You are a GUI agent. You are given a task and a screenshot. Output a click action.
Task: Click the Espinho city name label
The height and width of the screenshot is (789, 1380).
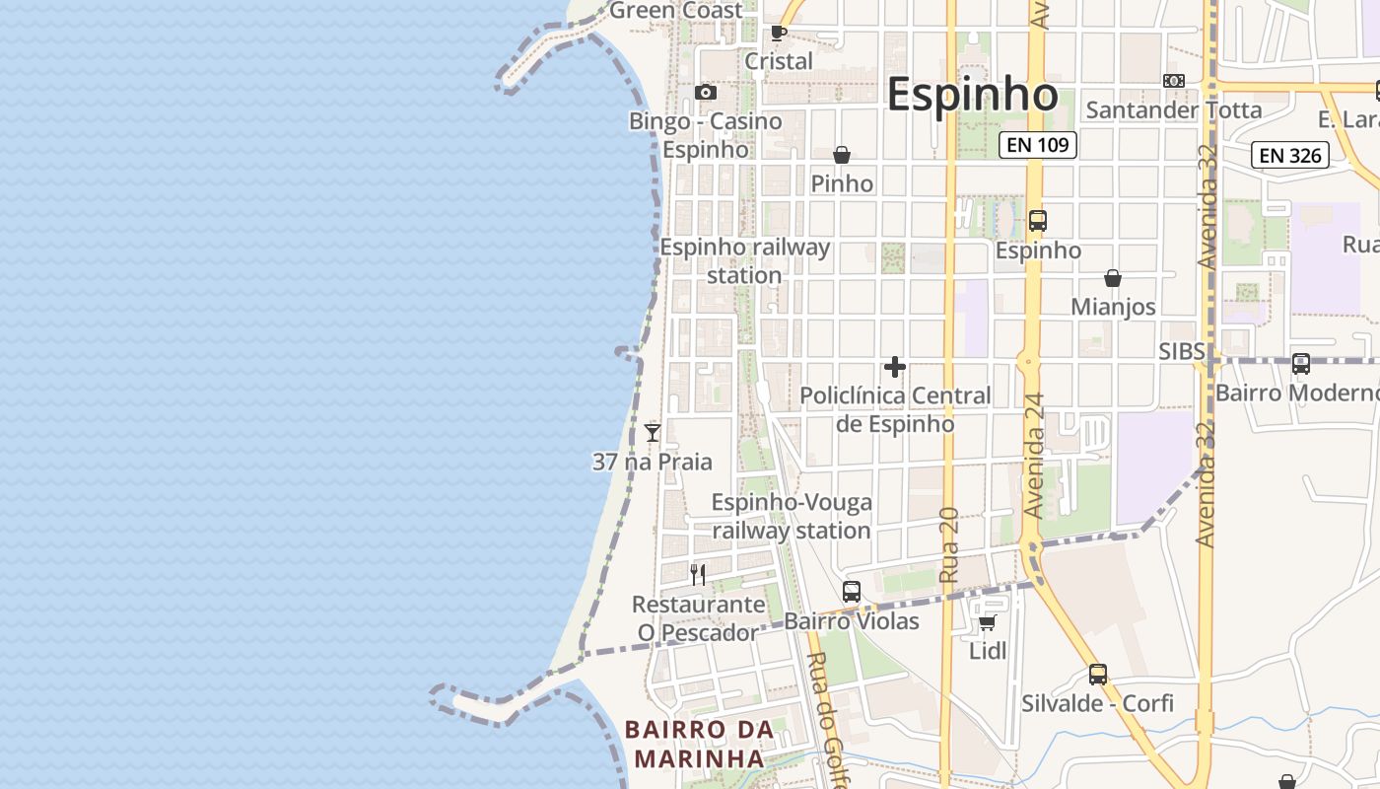[972, 95]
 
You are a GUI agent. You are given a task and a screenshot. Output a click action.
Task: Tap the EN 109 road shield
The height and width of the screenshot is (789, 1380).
[1038, 145]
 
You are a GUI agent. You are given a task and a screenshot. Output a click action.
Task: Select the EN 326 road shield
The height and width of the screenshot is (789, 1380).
[1290, 155]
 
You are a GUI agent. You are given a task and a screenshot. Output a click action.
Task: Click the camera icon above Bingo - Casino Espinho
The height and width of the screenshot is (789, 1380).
[706, 93]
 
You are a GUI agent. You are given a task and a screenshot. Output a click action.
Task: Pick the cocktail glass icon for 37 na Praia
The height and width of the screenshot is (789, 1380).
[653, 432]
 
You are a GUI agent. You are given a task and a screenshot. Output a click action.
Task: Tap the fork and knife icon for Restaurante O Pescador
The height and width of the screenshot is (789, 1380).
[698, 574]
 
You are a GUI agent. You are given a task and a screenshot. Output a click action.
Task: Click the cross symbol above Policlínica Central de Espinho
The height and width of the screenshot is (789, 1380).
[895, 367]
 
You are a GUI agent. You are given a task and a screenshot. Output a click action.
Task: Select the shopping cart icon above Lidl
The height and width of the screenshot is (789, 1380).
[988, 622]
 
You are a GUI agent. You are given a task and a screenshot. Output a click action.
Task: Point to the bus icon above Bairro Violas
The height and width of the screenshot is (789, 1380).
[852, 592]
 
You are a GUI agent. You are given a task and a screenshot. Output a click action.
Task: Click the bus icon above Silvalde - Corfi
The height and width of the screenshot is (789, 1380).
[1098, 675]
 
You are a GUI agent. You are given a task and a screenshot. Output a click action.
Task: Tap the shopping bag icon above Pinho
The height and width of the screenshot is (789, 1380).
[842, 155]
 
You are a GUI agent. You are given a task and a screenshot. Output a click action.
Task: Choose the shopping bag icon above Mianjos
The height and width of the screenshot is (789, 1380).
[1113, 278]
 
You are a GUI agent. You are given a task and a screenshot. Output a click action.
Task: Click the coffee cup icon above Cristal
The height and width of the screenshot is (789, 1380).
[778, 33]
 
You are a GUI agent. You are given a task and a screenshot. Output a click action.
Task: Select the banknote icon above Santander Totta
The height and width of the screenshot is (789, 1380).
[1174, 81]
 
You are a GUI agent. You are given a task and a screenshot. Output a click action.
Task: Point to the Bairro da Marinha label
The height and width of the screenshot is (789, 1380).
[699, 744]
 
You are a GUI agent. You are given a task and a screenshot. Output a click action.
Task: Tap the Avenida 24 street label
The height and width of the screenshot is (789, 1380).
[1034, 456]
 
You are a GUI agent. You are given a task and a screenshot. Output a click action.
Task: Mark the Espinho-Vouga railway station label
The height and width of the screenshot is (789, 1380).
[792, 516]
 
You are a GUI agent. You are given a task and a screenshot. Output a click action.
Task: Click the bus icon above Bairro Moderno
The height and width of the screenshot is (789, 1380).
[1301, 364]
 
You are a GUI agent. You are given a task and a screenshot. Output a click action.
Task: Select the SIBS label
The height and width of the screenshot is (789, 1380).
[1182, 352]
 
